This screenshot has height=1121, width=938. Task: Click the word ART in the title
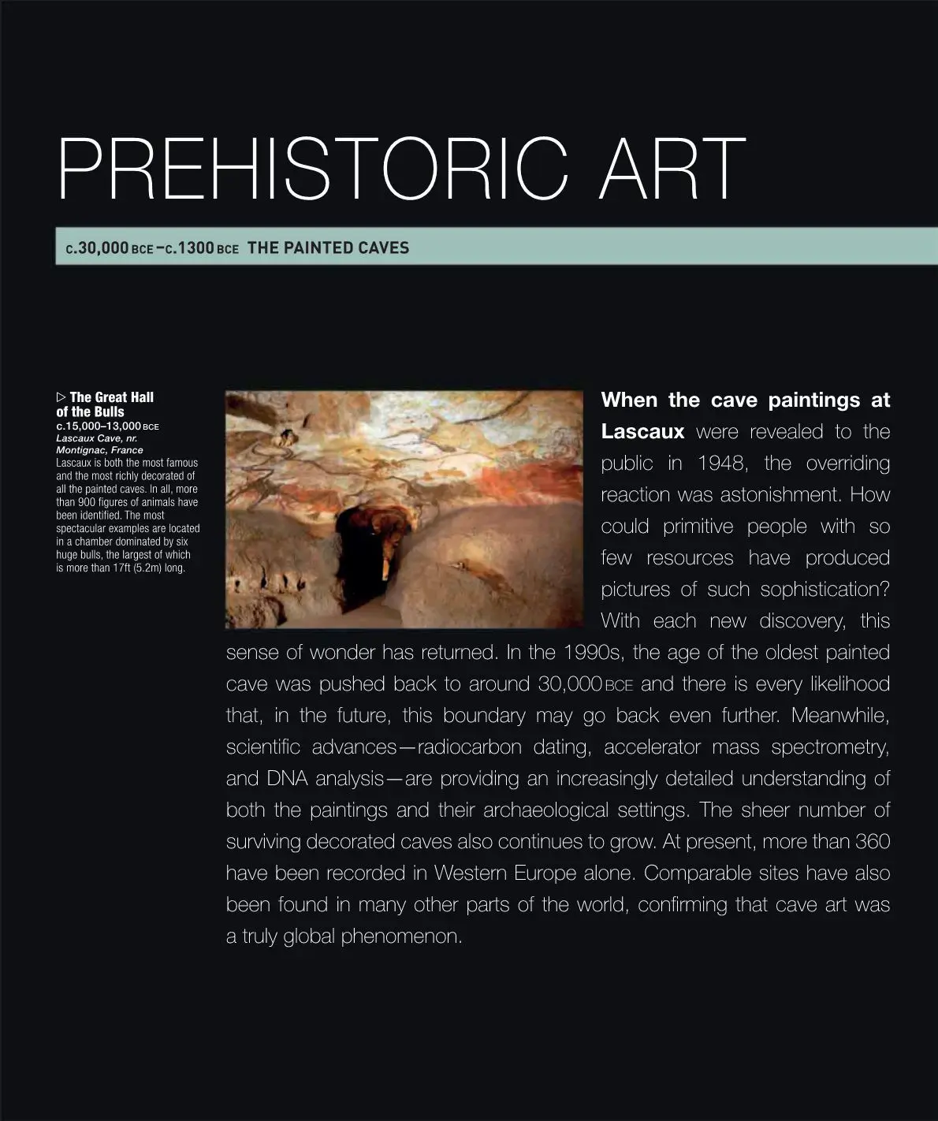(672, 170)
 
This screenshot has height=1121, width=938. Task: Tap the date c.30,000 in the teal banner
(97, 248)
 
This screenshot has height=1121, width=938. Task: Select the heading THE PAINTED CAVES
(328, 248)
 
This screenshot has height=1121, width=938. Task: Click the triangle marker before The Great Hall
(61, 397)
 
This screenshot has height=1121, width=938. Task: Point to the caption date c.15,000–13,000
(99, 426)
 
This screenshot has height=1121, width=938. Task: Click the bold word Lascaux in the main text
(642, 432)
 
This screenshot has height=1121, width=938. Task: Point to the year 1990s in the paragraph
(591, 653)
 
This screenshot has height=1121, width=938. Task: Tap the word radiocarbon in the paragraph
(469, 747)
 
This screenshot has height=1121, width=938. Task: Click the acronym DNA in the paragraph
(287, 779)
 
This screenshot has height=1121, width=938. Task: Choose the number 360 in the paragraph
(872, 842)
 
